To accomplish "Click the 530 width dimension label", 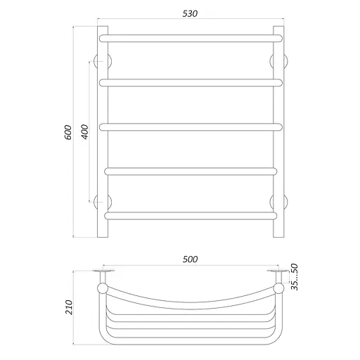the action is tap(190, 13).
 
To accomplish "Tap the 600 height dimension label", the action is tap(68, 132).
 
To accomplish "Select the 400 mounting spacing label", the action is tap(85, 132).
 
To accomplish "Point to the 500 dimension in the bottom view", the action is tap(190, 259).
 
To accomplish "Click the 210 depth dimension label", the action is tap(69, 307).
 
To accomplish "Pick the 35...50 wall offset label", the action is tap(294, 277).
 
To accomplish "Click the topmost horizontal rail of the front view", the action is tap(191, 39).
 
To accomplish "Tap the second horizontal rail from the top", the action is tap(191, 83).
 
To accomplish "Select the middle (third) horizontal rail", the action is tap(191, 127).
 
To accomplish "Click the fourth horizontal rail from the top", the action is tap(191, 172).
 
